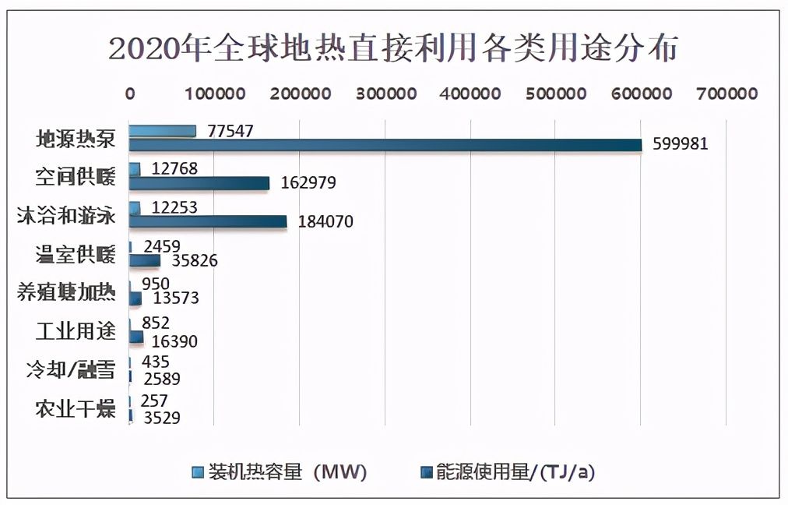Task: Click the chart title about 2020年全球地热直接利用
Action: [393, 48]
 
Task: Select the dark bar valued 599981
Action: [385, 145]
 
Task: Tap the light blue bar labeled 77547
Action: [162, 131]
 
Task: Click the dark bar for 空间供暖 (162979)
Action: [199, 183]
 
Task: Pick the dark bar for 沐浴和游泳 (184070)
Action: [207, 221]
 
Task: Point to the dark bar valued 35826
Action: [144, 260]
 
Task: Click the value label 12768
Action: [174, 169]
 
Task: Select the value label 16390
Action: [174, 341]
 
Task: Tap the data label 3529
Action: [161, 418]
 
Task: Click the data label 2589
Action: [161, 380]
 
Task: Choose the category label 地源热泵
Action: [76, 139]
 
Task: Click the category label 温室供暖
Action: [76, 254]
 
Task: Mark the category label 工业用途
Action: [76, 331]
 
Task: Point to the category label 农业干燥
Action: [76, 408]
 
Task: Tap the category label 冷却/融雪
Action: [71, 370]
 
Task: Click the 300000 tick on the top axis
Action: [387, 94]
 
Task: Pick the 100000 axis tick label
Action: [216, 94]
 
